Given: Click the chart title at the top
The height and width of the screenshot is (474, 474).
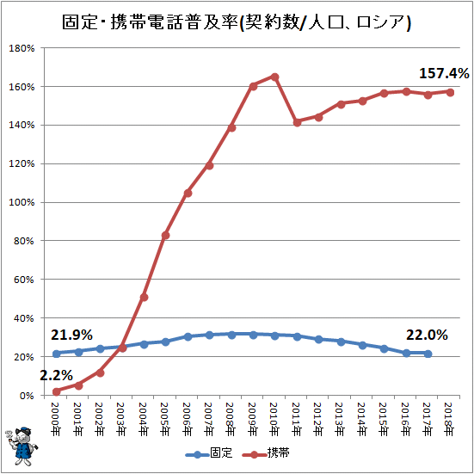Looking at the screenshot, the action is click(x=237, y=22).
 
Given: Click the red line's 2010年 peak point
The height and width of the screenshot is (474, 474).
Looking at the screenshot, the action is click(x=274, y=77).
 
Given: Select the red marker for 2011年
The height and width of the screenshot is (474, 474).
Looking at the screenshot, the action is click(x=297, y=122).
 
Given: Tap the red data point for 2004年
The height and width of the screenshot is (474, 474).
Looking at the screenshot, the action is click(x=144, y=298).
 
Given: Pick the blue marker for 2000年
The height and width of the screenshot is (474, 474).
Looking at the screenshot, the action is click(x=57, y=354).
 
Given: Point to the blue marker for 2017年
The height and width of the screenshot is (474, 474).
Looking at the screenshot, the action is click(x=428, y=354).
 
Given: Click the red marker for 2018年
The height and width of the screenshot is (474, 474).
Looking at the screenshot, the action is click(x=450, y=92).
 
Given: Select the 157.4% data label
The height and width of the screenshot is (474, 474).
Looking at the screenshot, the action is click(x=444, y=73).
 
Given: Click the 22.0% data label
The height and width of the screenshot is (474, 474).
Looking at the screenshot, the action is click(x=427, y=335).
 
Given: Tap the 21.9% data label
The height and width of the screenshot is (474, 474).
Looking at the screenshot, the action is click(x=71, y=335).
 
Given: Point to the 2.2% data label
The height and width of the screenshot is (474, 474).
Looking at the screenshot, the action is click(x=57, y=375).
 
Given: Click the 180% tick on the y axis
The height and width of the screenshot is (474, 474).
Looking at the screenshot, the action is click(x=22, y=48).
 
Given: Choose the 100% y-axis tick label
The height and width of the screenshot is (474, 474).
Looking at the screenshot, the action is click(x=22, y=202).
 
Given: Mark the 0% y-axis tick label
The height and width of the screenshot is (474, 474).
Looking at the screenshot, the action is click(x=27, y=396).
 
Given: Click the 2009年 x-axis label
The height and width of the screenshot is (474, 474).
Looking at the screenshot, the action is click(x=253, y=419).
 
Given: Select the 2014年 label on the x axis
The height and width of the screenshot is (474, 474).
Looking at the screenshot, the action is click(x=362, y=419).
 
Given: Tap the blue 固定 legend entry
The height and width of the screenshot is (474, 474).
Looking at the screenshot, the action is click(x=209, y=452).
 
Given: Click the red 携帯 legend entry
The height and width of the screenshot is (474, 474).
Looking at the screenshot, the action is click(x=267, y=452).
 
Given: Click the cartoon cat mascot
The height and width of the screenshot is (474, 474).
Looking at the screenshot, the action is click(x=22, y=446).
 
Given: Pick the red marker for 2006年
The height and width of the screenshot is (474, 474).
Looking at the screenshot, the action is click(x=188, y=193).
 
